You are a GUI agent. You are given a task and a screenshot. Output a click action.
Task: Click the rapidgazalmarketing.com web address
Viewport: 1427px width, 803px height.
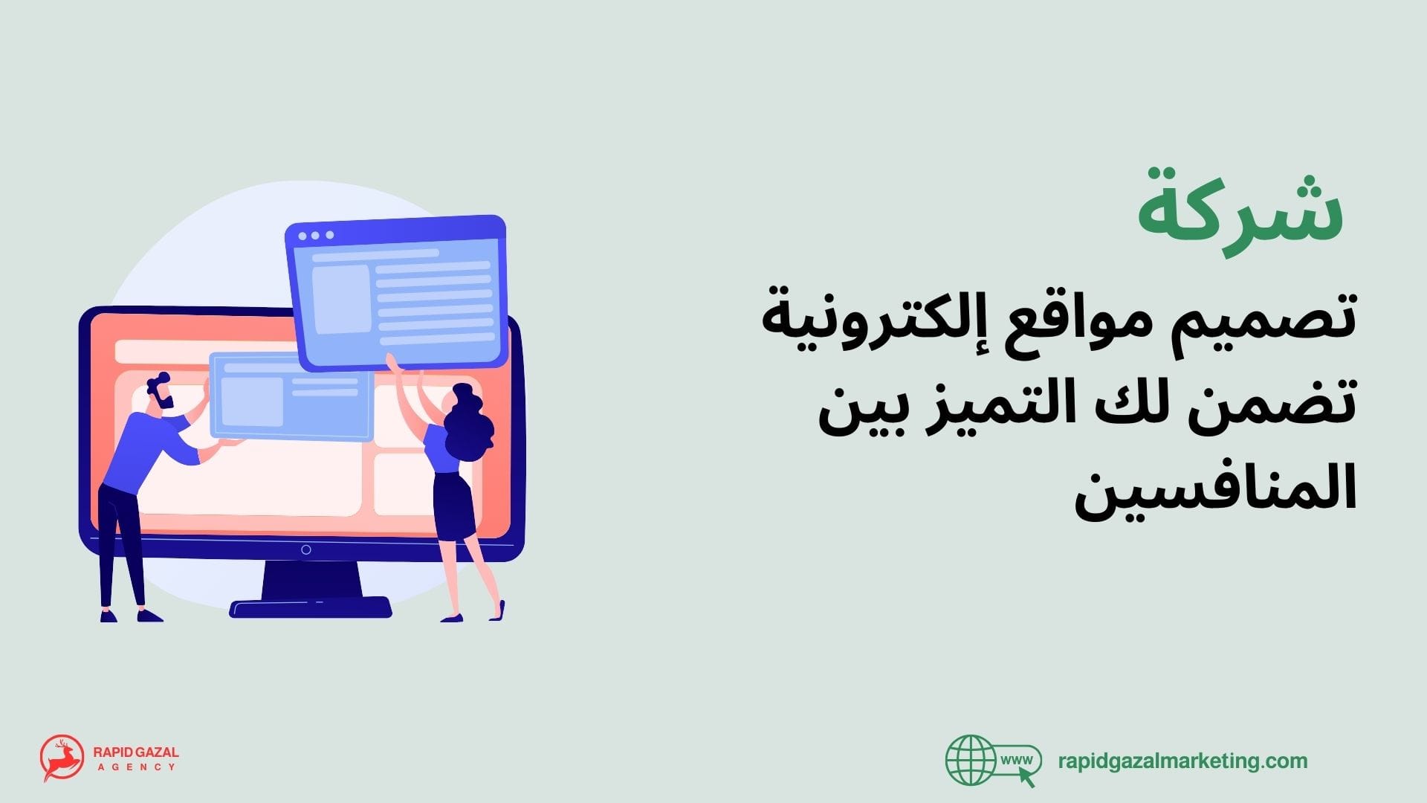point(1182,761)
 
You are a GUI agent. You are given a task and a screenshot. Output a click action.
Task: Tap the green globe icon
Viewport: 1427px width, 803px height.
point(970,761)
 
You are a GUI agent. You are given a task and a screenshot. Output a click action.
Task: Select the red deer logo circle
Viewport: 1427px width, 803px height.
point(62,758)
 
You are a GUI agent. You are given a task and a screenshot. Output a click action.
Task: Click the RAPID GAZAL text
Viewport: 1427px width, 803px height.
point(136,752)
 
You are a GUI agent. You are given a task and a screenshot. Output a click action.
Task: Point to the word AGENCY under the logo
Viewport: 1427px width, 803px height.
point(136,767)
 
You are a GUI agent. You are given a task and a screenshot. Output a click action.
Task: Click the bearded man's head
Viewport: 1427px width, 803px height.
point(161,393)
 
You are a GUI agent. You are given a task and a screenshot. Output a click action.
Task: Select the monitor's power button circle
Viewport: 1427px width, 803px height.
point(305,550)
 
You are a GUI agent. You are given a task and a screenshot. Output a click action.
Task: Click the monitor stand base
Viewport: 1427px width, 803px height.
point(311,607)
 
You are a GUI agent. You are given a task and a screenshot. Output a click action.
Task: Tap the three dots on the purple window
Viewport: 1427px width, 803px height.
point(315,236)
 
